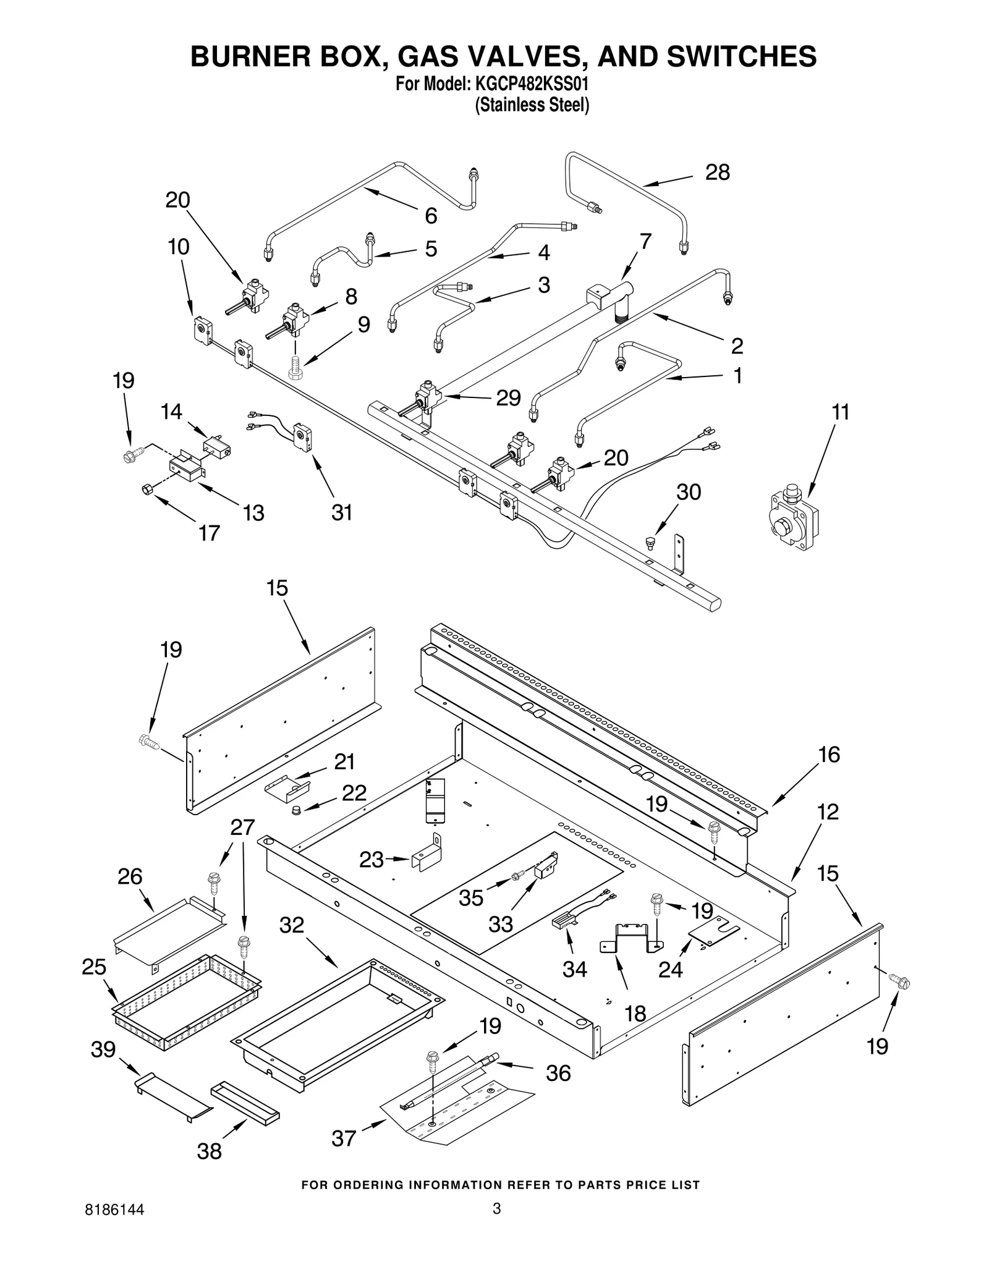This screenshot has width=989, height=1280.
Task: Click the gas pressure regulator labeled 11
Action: click(792, 518)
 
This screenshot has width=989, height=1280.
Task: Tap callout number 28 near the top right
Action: click(717, 172)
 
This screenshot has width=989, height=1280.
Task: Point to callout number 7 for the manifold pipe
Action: click(645, 241)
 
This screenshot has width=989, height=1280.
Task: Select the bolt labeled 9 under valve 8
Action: click(295, 367)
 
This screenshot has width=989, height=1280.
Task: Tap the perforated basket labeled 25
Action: click(185, 1004)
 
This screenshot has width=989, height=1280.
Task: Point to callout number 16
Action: click(829, 755)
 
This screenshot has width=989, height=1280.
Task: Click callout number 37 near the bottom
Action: click(344, 1138)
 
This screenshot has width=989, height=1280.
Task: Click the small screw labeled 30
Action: click(650, 543)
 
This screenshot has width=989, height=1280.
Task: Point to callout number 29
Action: click(508, 397)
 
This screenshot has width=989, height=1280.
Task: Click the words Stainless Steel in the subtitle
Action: click(532, 105)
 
